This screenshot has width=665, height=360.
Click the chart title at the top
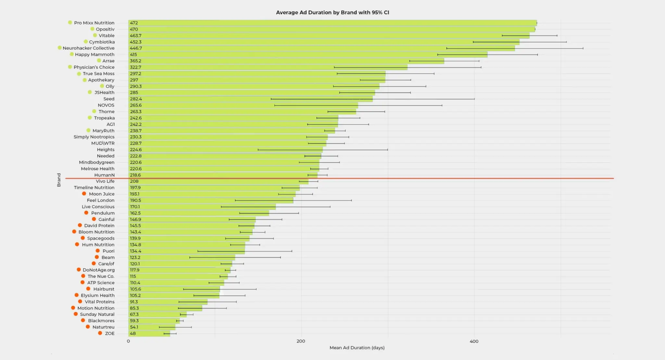pos(332,12)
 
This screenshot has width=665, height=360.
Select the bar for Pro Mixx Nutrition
pos(332,23)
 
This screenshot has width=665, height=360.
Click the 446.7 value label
pos(136,48)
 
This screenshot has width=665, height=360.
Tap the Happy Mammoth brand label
pos(94,55)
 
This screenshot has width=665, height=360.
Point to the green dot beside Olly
pos(102,86)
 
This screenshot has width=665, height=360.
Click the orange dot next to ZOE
pos(100,333)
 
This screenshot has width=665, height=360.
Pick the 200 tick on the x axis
pos(301,341)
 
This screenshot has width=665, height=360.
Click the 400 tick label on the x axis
pos(474,341)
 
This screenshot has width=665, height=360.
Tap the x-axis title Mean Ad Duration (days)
pos(357,348)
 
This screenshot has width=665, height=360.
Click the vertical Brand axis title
pos(59,180)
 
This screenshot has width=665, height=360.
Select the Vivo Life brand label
pos(105,181)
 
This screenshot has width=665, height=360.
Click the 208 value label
pos(134,181)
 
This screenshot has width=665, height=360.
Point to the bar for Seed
pos(250,99)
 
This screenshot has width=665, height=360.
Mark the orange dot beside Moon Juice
pos(84,194)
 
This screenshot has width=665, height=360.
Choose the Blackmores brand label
pos(101,321)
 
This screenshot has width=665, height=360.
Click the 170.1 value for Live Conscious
pos(135,207)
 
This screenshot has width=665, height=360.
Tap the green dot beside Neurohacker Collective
pos(60,48)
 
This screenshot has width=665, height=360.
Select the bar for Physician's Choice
pos(268,67)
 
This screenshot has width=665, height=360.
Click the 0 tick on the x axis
pos(128,341)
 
